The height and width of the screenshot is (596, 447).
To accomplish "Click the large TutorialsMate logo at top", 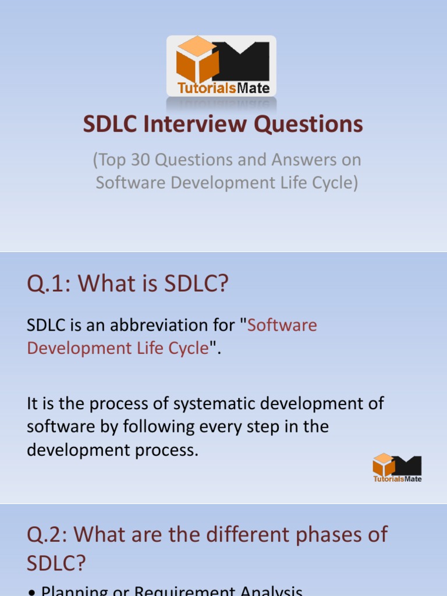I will tap(221, 66).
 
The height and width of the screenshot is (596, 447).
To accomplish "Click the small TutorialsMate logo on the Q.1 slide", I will tap(397, 467).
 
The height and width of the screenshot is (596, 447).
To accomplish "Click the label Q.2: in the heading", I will tap(49, 534).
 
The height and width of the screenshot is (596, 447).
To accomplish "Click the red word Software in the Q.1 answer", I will tap(282, 325).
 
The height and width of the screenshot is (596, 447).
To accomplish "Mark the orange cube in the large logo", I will tap(197, 60).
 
